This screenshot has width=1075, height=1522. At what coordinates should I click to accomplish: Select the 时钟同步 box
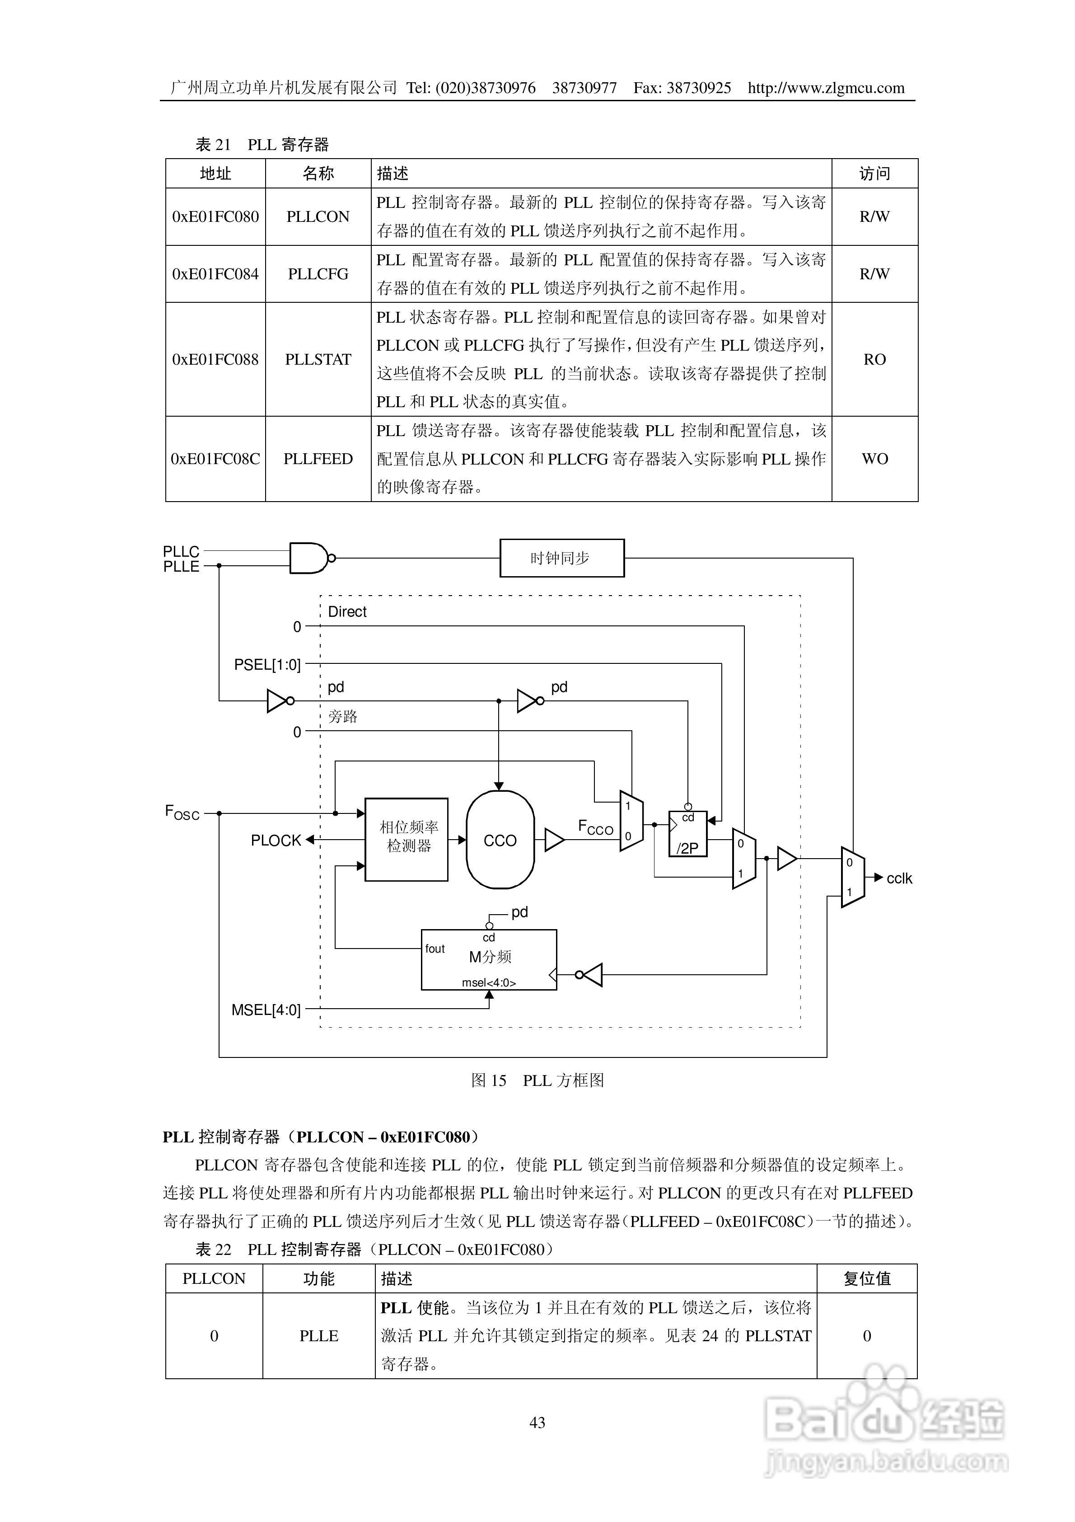coord(561,558)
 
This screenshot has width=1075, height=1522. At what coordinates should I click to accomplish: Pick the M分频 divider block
coord(489,960)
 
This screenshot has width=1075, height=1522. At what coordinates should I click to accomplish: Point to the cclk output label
coord(899,878)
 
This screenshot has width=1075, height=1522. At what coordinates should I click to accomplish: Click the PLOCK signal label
coord(276,841)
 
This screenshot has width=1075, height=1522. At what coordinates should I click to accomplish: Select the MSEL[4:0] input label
coord(266,1010)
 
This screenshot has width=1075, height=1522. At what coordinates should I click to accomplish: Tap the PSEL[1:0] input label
coord(267,664)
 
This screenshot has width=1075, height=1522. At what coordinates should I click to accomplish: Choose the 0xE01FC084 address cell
coord(215,274)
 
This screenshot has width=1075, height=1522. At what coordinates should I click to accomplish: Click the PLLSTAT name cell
coord(318,359)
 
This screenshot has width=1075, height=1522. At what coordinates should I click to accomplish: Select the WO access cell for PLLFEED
coord(874,459)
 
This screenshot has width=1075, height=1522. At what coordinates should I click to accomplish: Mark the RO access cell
coord(874,359)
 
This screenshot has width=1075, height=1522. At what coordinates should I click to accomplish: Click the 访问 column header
coord(874,174)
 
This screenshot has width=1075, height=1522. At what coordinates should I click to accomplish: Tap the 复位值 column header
coord(867,1279)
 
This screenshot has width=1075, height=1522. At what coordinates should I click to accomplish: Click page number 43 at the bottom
coord(537,1423)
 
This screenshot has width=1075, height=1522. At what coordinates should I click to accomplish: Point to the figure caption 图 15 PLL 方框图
coord(537,1080)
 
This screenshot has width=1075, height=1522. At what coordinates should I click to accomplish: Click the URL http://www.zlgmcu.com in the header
coord(826,88)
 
